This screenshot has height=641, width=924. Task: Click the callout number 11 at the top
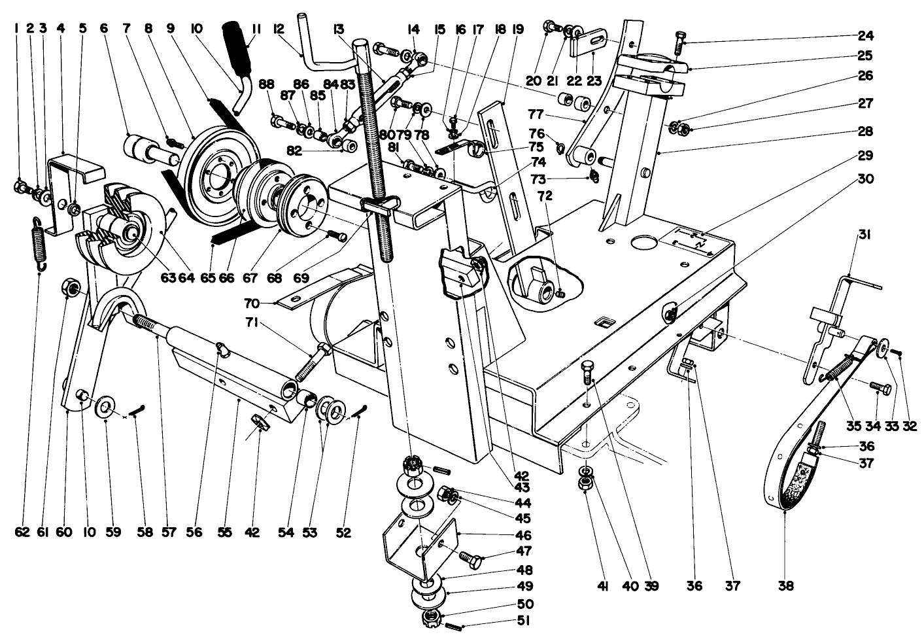(x=256, y=29)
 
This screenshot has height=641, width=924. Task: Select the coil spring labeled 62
(x=39, y=242)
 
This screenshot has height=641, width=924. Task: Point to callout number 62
(x=22, y=532)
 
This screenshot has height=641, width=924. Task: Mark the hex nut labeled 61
(x=73, y=288)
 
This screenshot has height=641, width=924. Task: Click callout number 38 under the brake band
(x=785, y=586)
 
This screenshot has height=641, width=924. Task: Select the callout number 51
(x=525, y=621)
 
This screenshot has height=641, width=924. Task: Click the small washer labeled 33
(x=883, y=346)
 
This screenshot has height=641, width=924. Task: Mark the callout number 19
(x=518, y=29)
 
